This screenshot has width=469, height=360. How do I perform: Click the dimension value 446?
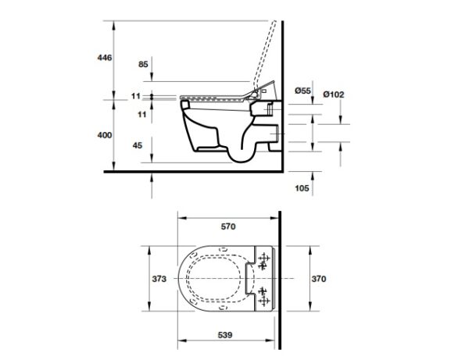point(105,57)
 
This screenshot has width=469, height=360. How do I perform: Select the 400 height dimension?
point(105,135)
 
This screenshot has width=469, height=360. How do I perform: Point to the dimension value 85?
point(143,64)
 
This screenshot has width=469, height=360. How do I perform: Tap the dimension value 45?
point(138,145)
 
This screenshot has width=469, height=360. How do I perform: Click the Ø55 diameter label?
point(303,91)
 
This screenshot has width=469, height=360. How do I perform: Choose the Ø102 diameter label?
point(334,94)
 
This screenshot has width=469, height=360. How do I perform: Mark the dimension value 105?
point(302,188)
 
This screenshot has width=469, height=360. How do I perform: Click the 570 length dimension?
point(228,226)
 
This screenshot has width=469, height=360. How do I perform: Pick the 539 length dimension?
point(225,335)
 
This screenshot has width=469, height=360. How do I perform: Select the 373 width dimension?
point(159,279)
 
